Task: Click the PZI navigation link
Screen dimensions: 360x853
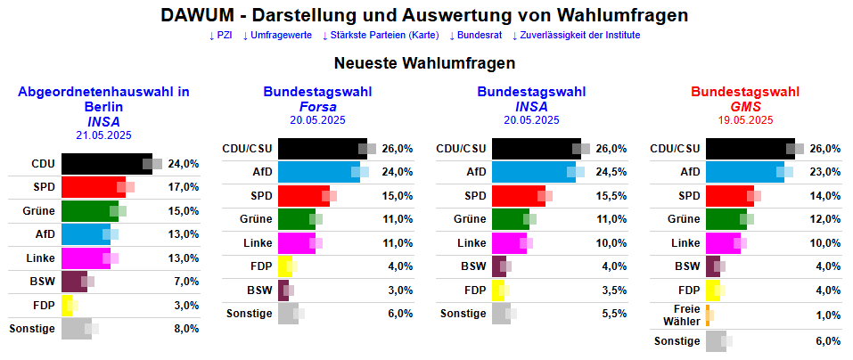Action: [220, 36]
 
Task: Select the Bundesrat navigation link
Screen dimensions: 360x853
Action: [475, 36]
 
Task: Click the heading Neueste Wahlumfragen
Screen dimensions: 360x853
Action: [424, 64]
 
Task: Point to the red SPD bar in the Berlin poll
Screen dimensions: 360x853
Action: [93, 187]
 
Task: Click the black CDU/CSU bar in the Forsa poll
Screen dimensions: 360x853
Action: [322, 148]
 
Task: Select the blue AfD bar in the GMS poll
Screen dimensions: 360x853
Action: [744, 172]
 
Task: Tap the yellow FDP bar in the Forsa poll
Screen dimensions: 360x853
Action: [283, 266]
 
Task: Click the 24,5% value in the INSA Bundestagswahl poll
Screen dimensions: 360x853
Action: [611, 172]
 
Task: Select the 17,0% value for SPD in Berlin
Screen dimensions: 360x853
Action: [183, 188]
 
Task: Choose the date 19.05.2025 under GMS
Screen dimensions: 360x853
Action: [745, 120]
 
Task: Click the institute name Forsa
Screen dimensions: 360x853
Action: [317, 107]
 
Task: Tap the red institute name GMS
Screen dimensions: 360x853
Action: [745, 107]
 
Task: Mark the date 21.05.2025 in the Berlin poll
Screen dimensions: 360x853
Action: [103, 135]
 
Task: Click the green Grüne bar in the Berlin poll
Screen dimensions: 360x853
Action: [89, 211]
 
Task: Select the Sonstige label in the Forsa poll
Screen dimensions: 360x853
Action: [250, 314]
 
